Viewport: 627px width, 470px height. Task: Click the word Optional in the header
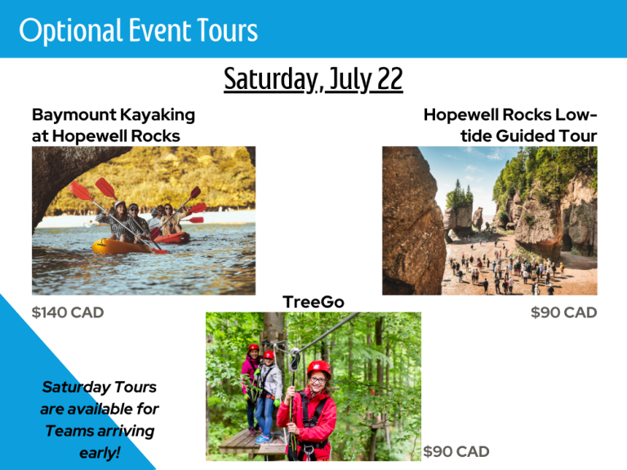tap(70, 31)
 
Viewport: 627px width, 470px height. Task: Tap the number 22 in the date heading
tap(389, 78)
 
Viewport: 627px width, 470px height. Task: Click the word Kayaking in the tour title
tap(158, 116)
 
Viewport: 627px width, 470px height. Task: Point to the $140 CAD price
tap(68, 313)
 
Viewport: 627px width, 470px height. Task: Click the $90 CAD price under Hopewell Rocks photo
tap(564, 313)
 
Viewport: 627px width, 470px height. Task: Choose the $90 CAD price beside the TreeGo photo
tap(456, 451)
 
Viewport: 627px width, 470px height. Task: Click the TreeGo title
tap(313, 302)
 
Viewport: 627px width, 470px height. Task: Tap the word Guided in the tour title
tap(525, 136)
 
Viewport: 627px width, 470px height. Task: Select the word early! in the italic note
tap(100, 453)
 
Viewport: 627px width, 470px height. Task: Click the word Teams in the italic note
tap(69, 431)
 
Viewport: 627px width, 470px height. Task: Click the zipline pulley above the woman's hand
tap(295, 357)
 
